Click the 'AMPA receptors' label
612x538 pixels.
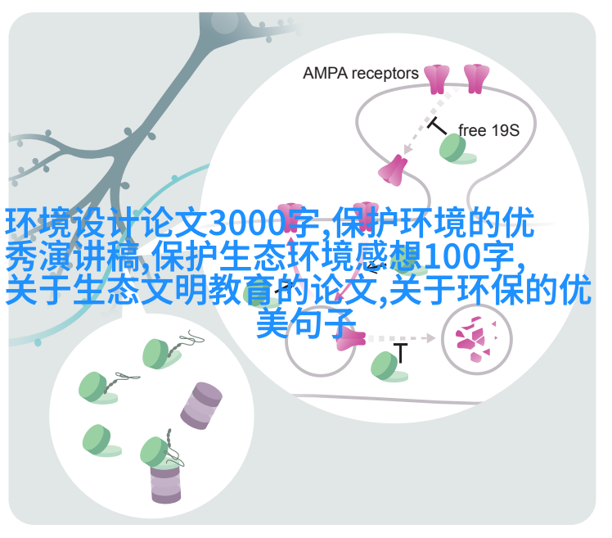click(361, 74)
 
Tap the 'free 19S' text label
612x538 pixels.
click(488, 130)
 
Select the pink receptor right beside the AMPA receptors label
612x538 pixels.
click(437, 79)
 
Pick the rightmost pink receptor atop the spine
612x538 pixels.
click(476, 79)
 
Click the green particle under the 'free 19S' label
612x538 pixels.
click(456, 149)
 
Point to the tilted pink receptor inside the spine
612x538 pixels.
click(393, 170)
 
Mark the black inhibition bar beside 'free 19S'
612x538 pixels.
click(436, 125)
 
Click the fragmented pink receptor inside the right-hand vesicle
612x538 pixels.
click(476, 339)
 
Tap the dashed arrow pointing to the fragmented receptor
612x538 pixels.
click(401, 338)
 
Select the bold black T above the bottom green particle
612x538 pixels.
click(400, 353)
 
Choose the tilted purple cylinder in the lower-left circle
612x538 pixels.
click(201, 406)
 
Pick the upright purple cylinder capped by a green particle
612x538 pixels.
click(166, 482)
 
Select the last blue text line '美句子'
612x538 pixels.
click(306, 323)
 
